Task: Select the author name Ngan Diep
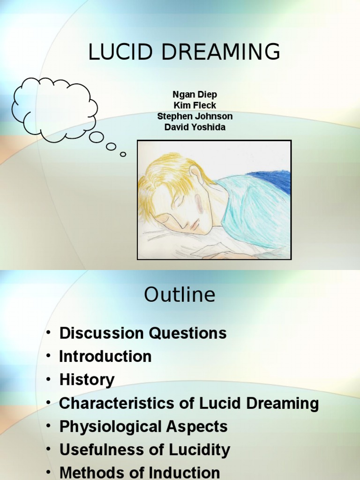pyautogui.click(x=195, y=95)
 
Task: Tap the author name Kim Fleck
pyautogui.click(x=195, y=105)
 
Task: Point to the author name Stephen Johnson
pyautogui.click(x=195, y=116)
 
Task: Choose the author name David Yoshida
pyautogui.click(x=195, y=127)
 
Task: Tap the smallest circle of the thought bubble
pyautogui.click(x=123, y=154)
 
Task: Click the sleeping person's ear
pyautogui.click(x=197, y=175)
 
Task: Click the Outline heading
pyautogui.click(x=180, y=295)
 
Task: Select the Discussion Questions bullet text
pyautogui.click(x=142, y=333)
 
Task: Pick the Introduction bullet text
pyautogui.click(x=105, y=356)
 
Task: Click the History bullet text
pyautogui.click(x=87, y=380)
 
